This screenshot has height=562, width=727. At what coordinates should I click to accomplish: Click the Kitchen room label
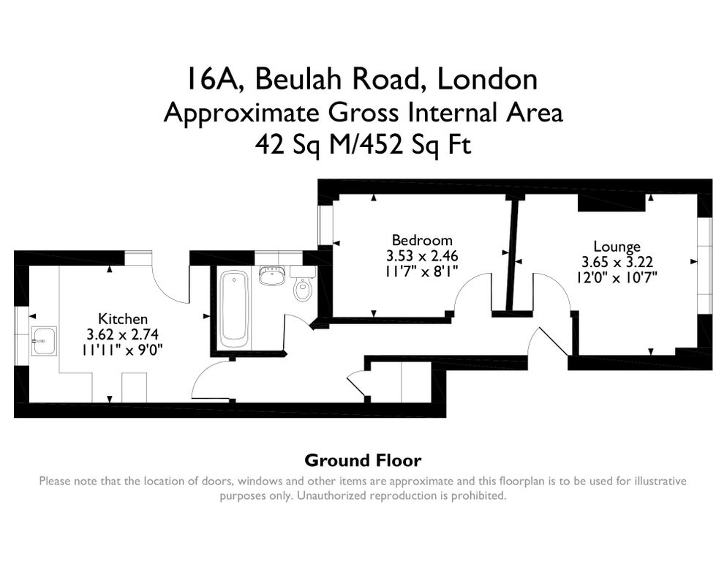point(123,319)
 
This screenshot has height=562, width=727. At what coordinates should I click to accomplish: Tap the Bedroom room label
point(422,240)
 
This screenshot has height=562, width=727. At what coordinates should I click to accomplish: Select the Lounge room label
point(617,247)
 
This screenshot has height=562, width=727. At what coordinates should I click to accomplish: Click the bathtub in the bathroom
point(233,309)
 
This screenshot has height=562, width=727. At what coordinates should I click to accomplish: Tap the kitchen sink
point(45,341)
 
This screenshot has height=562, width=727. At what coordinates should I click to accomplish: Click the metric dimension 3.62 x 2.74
point(123,334)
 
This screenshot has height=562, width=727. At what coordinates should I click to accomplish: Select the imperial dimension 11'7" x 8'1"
point(422,271)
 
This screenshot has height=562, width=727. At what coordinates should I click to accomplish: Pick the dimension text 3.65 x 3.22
point(617,262)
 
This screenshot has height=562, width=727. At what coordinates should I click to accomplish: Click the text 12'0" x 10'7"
point(617,277)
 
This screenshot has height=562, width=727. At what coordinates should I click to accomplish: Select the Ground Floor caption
point(363,460)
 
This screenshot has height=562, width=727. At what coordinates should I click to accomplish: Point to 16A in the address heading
point(212,80)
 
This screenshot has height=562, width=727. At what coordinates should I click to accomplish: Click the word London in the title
point(488,79)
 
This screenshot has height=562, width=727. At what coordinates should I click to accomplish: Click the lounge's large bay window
point(705,264)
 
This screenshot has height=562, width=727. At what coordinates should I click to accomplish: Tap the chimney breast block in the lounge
point(611,203)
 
